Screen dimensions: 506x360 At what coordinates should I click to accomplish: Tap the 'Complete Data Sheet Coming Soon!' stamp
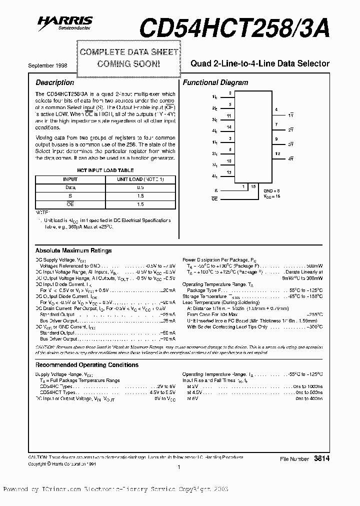pos(128,58)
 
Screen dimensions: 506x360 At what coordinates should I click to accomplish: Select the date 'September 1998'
pos(48,65)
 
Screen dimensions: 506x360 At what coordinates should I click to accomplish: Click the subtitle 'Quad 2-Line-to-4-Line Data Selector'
pos(260,63)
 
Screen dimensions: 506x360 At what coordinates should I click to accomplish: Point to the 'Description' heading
pos(54,82)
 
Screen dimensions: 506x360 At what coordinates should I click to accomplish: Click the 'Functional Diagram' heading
pos(215,82)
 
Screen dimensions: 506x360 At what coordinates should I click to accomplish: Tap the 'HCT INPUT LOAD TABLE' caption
pos(105,170)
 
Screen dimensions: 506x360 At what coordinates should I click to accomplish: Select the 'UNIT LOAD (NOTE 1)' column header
pos(140,179)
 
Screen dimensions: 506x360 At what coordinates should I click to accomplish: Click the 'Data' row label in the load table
pos(70,187)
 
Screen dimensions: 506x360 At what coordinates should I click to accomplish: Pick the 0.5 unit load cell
pos(140,187)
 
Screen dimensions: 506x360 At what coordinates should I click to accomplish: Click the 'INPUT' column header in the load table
pos(70,179)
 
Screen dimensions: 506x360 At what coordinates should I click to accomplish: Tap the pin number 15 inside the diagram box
pos(253,186)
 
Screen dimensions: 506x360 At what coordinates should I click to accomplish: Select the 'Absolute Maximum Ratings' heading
pos(73,250)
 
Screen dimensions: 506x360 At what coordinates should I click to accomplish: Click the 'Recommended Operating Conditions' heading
pos(87,365)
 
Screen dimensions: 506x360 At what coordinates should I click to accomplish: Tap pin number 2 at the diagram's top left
pos(229,93)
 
